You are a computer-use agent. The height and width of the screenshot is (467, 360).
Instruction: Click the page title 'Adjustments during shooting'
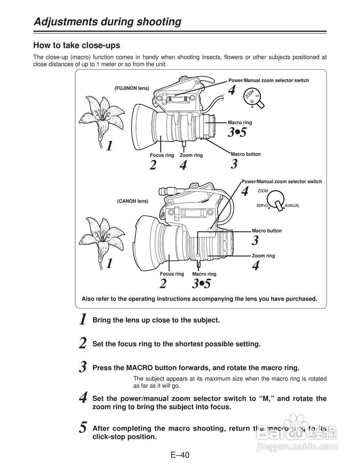107,22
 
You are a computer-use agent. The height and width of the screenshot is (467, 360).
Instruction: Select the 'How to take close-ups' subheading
77,46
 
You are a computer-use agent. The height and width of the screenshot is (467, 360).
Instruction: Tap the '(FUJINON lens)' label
132,88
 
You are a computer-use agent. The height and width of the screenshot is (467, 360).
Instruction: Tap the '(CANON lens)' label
133,201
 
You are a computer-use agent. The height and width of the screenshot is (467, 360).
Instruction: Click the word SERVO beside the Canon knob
262,206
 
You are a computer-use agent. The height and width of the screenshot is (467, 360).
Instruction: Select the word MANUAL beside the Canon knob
292,206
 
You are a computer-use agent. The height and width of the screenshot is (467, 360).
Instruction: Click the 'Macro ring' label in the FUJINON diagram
240,123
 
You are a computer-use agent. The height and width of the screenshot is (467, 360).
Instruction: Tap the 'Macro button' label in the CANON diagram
267,231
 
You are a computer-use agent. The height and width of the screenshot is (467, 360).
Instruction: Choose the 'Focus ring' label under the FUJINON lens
162,155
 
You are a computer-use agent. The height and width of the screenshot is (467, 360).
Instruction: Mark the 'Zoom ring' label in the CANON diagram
263,256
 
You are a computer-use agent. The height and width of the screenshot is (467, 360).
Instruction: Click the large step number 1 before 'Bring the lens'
84,320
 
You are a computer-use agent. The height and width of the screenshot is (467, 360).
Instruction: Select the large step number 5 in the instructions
83,427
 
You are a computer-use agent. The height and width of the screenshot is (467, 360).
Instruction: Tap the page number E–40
180,455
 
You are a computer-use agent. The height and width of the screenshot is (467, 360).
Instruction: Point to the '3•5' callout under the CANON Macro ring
202,283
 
